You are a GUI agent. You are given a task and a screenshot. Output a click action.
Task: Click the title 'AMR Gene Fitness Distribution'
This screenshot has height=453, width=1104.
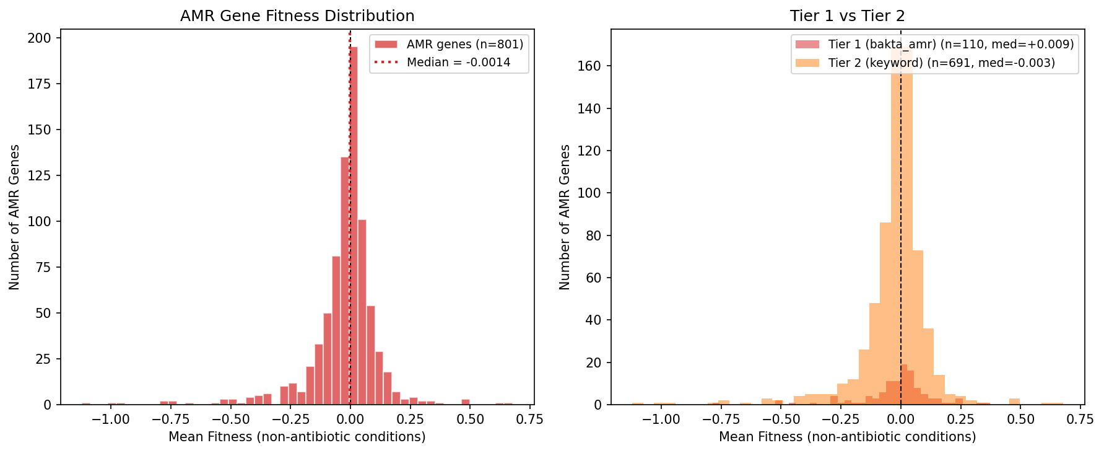pos(297,16)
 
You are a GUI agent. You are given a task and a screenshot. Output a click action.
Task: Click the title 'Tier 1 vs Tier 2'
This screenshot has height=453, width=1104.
pos(847,16)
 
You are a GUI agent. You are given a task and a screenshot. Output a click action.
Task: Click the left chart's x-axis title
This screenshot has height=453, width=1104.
pos(297,437)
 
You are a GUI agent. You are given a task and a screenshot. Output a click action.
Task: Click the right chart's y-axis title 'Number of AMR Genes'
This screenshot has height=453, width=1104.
pos(565,217)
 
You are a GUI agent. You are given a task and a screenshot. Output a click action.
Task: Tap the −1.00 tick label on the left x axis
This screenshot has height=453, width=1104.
pos(111,420)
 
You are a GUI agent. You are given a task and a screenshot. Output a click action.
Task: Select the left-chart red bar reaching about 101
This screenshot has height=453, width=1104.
pos(362,312)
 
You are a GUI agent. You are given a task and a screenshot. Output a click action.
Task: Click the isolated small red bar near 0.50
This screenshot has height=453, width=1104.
pos(466,402)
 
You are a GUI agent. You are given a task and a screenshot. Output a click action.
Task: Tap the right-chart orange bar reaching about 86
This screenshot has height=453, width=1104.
pos(885,314)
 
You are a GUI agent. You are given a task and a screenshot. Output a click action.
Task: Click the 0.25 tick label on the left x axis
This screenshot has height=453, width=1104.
pos(411,420)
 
